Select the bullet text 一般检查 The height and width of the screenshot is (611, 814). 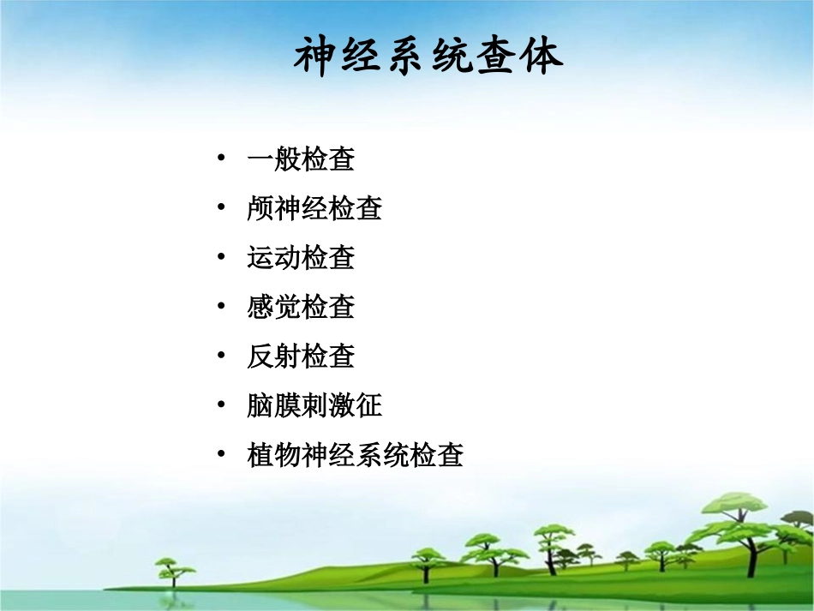click(x=301, y=159)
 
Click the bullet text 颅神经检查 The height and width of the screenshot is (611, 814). click(x=314, y=208)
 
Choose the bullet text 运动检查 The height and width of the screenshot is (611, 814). click(x=301, y=257)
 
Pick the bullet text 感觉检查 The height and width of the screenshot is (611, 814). click(x=301, y=307)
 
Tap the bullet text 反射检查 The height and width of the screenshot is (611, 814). click(x=301, y=356)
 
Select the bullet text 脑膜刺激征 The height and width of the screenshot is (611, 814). click(x=314, y=404)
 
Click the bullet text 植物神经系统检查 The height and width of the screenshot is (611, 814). click(x=355, y=454)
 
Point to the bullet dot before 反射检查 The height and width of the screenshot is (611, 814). click(x=222, y=355)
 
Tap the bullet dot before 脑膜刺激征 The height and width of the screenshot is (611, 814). click(x=222, y=404)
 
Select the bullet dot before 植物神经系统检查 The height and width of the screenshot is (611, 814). click(x=222, y=453)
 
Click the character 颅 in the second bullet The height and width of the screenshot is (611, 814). click(x=260, y=208)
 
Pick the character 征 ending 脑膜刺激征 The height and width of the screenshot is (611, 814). click(x=368, y=404)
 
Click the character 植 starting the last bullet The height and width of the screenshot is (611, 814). click(x=260, y=454)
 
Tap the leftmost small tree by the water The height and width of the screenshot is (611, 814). click(x=168, y=570)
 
